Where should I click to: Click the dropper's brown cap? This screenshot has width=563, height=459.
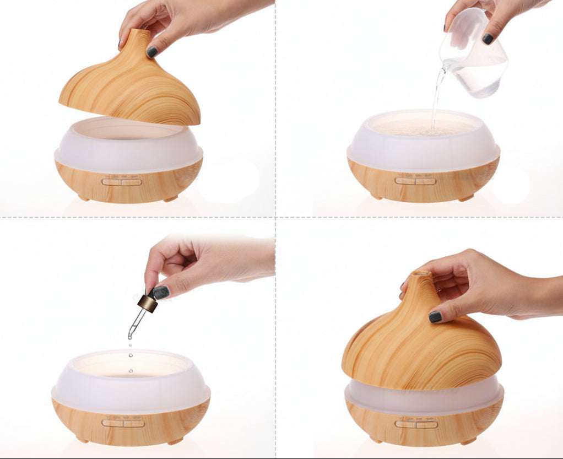tap(147, 303)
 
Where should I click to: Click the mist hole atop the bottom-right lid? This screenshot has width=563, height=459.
tap(423, 273)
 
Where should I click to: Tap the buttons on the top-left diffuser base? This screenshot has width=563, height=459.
tap(122, 181)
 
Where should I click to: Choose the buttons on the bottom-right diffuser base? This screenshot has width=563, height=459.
tap(416, 424)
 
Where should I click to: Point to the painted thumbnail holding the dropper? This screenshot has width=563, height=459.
tap(161, 292)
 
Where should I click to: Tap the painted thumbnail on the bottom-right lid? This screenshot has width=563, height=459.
tap(436, 317)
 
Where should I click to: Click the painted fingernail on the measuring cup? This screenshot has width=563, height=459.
tap(488, 39)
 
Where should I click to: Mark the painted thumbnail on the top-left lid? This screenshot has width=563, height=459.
tap(152, 52)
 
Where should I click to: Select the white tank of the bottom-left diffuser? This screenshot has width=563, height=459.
tap(131, 380)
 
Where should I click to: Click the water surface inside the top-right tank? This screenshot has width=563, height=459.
tap(424, 127)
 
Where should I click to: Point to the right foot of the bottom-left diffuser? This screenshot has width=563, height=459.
tap(175, 441)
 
